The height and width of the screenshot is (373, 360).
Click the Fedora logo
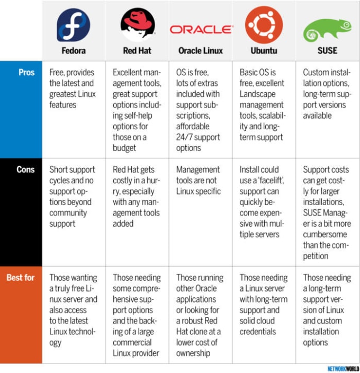coord(74,25)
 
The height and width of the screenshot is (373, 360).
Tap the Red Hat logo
coord(138,25)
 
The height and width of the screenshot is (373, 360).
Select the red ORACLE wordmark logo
coord(202,30)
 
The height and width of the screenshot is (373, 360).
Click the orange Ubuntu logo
coord(264,25)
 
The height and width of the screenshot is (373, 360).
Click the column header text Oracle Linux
coord(201,51)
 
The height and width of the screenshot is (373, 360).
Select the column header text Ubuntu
coord(264,51)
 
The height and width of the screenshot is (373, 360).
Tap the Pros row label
coord(26,72)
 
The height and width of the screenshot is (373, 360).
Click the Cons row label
coord(25,170)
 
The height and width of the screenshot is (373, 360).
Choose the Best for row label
coord(21,278)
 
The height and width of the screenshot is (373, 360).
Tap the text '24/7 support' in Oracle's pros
coord(198,137)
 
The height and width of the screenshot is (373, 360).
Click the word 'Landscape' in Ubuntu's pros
coord(257,94)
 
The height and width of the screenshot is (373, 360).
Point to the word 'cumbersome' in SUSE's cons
coord(325,234)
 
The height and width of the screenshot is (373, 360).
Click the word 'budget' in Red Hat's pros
coord(124,148)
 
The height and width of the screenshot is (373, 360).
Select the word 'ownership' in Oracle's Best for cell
coord(193,353)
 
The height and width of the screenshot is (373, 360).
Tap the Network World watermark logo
coord(343,369)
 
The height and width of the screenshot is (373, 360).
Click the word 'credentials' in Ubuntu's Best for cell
coord(258,332)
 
